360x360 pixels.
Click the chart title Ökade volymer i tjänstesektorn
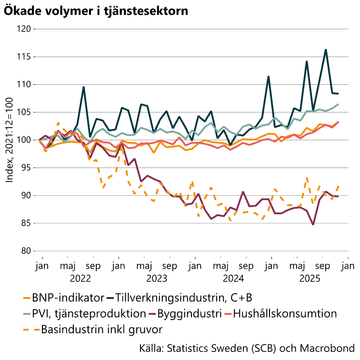pos(96,10)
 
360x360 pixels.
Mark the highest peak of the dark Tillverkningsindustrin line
pos(326,49)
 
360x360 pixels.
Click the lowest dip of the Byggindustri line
pos(313,224)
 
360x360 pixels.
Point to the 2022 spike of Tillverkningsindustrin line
pos(83,87)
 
